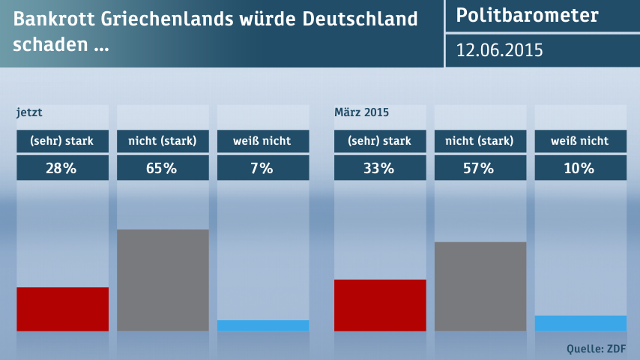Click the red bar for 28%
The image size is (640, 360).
coord(62,309)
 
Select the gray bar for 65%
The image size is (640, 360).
coord(163,280)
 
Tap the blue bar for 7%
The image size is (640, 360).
coord(263,325)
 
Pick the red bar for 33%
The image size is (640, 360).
coord(380,305)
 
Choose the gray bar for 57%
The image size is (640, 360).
coord(480,286)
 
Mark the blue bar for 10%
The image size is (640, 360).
coord(580,323)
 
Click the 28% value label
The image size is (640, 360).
coord(62,169)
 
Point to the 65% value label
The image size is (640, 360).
coord(163,169)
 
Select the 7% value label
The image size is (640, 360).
coord(263,169)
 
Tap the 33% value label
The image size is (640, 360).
coord(380,169)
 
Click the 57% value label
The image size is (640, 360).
coord(480,169)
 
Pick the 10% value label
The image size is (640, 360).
coord(580,169)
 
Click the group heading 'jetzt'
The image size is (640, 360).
coord(29,113)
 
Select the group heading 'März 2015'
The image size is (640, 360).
coord(361,113)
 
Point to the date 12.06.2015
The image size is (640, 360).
coord(500,50)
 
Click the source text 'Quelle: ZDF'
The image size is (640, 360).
coord(597,348)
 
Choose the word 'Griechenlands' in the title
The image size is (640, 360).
coord(167,19)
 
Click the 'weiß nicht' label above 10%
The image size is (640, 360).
coord(580,141)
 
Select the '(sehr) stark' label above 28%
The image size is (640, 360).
coord(62,141)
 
